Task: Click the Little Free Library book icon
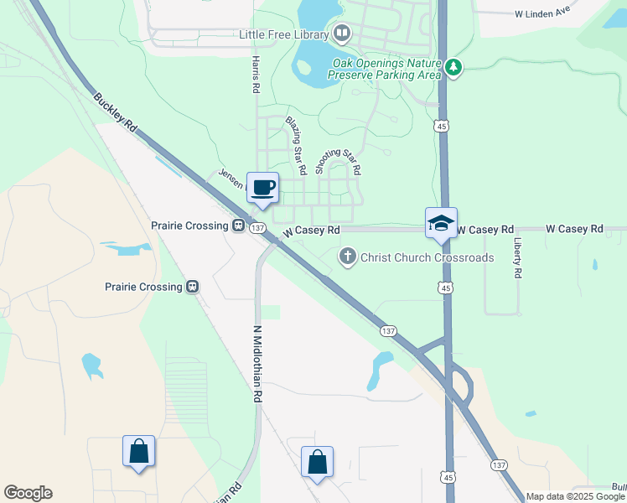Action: tap(341, 34)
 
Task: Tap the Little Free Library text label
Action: tap(284, 34)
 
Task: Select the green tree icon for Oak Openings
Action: tap(453, 67)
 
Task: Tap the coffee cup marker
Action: tap(262, 189)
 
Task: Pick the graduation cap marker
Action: tap(441, 224)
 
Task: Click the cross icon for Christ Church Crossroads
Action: tap(348, 257)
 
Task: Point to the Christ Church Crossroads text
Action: tap(427, 257)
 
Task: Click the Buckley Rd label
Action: tap(116, 112)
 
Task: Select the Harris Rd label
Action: tap(256, 75)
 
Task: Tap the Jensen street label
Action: tap(231, 177)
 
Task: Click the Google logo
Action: tap(28, 493)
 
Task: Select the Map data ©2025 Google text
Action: tap(576, 496)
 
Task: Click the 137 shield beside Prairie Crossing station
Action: tap(257, 228)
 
